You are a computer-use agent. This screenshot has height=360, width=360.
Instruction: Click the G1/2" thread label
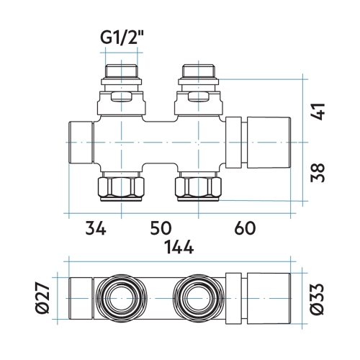click(121, 40)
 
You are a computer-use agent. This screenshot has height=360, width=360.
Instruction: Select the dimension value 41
click(320, 110)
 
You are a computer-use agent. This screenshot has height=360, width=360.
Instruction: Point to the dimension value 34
click(95, 229)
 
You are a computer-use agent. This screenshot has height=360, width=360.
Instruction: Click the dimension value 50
click(160, 229)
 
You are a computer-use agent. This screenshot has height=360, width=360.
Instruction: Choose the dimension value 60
click(245, 229)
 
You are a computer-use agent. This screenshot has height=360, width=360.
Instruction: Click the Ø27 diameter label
click(42, 298)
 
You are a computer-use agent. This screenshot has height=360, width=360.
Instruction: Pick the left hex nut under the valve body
click(121, 189)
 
